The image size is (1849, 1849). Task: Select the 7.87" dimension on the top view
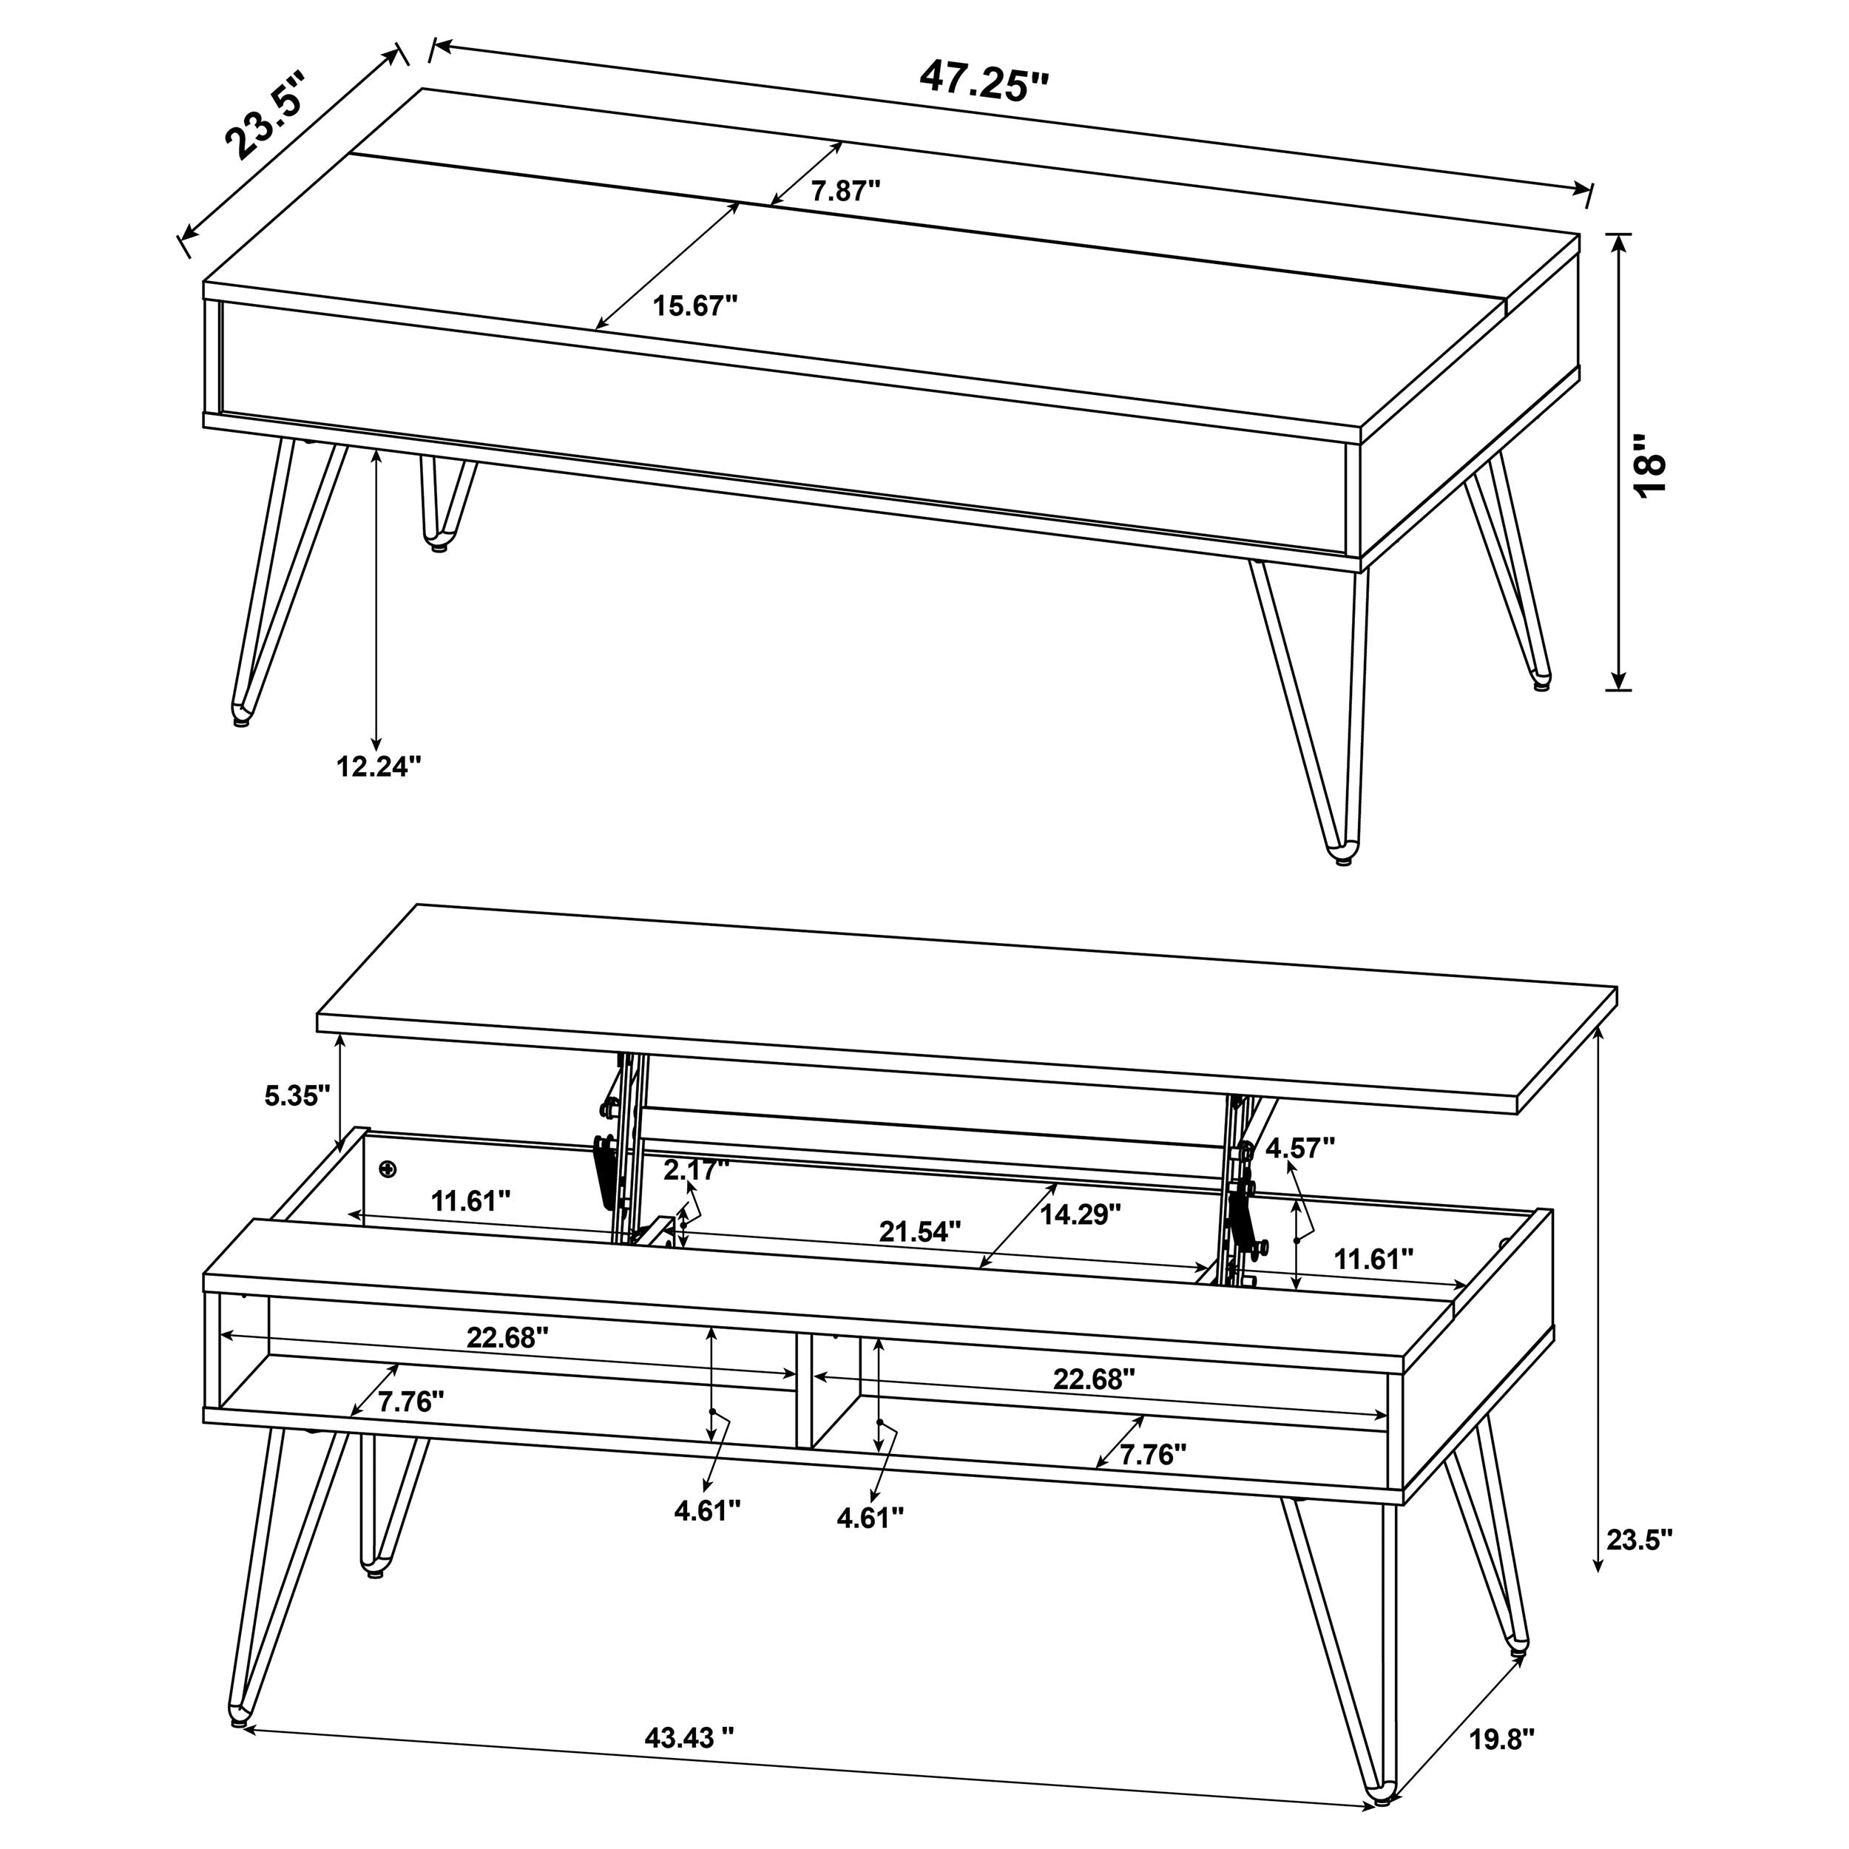point(845,192)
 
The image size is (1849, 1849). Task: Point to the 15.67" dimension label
point(696,306)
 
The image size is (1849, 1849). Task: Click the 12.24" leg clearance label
point(378,765)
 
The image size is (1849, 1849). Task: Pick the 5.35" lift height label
point(297,1096)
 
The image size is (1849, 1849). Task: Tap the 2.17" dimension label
point(697,1169)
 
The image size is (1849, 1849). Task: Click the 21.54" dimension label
point(920,1231)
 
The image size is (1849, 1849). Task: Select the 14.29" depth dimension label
point(1081,1214)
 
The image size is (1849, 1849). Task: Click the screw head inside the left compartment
point(388,1169)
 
